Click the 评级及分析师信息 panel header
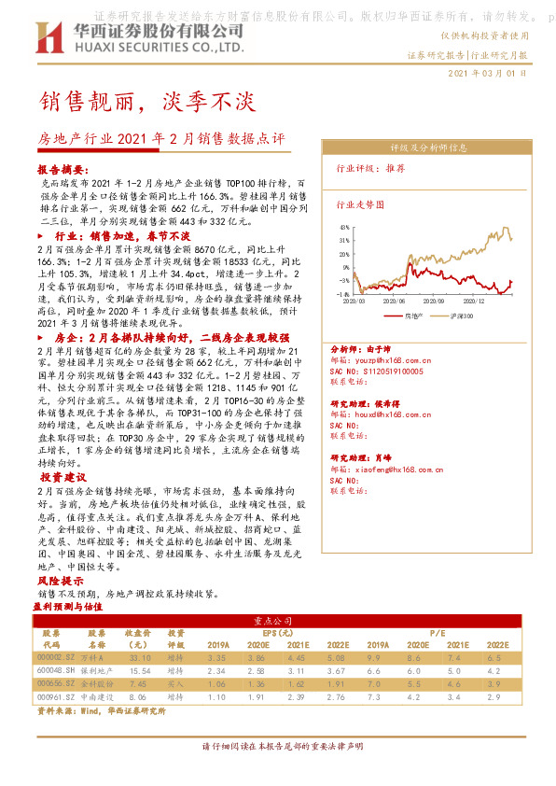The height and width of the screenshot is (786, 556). (428, 147)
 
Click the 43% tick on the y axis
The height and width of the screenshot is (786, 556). (345, 227)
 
